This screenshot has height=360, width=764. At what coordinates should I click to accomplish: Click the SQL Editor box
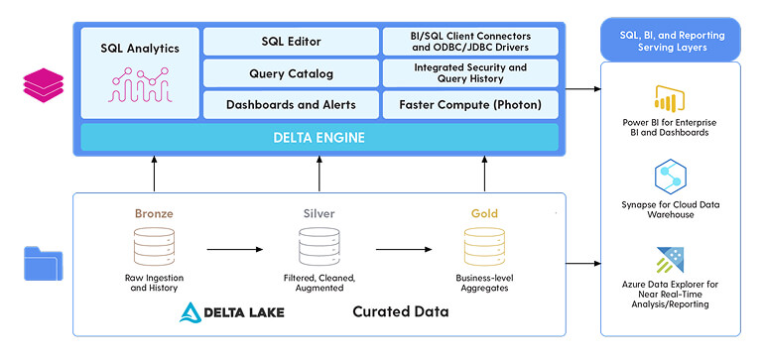click(291, 42)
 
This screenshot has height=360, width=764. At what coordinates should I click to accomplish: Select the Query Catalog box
click(291, 73)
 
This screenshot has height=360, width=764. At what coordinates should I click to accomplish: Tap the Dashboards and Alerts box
click(291, 105)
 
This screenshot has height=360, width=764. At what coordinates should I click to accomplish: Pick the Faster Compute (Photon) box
click(470, 105)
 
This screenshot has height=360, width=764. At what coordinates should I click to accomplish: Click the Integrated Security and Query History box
click(470, 73)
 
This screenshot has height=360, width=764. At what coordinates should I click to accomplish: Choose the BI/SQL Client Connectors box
click(470, 42)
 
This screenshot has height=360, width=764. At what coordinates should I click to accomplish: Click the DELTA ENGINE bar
click(319, 138)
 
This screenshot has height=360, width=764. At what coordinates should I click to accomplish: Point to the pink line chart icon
click(140, 84)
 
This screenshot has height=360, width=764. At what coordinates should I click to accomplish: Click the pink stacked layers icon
click(44, 85)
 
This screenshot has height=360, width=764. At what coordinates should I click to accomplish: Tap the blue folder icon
click(44, 264)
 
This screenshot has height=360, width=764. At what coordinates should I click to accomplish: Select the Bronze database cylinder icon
click(154, 247)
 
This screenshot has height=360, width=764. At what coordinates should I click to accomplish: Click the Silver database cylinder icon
click(319, 247)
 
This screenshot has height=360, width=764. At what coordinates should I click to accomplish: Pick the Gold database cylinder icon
click(484, 247)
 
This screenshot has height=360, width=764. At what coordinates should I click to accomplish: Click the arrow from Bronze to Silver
click(235, 249)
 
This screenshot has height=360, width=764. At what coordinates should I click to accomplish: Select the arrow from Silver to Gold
click(404, 249)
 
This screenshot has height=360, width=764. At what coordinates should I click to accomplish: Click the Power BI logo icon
click(671, 99)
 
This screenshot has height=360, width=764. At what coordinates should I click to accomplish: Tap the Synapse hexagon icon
click(671, 177)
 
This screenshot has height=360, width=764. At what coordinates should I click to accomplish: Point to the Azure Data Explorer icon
click(671, 260)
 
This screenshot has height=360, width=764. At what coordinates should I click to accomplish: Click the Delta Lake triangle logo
click(191, 312)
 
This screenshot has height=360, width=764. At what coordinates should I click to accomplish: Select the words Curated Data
click(401, 311)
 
